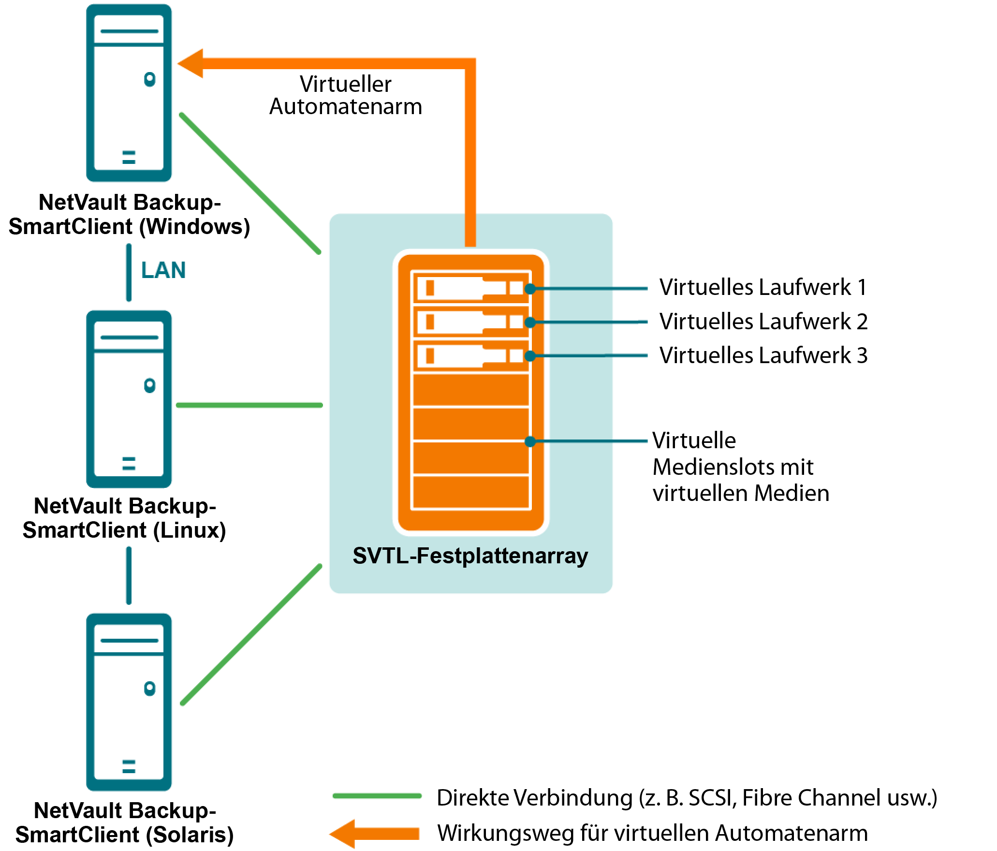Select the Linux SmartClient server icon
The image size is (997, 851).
129,399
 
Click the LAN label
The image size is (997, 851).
163,270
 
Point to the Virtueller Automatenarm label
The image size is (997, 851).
346,95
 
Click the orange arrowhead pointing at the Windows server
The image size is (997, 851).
191,63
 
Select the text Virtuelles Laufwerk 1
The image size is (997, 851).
763,287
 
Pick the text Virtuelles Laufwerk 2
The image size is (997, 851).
763,322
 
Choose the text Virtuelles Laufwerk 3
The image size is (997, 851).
763,355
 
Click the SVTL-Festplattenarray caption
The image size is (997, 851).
470,556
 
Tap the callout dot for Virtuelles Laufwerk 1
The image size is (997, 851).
530,289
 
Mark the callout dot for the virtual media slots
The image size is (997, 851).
530,441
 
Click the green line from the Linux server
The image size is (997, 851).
249,405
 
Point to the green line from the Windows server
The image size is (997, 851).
250,183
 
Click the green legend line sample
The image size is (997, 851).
377,796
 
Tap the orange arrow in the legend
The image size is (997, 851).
375,834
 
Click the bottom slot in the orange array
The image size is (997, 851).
471,492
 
